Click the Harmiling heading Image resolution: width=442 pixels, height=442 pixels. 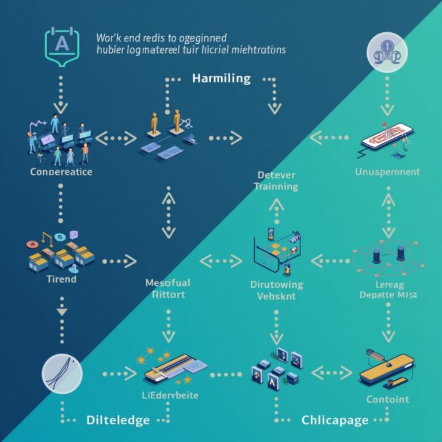221,78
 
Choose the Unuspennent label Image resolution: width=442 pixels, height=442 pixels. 387,172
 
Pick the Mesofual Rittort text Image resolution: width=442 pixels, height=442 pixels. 168,288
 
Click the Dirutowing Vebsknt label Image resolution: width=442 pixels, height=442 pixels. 277,289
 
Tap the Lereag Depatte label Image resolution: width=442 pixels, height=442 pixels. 387,289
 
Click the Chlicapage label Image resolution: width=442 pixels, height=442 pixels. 334,420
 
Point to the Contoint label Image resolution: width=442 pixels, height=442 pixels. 387,399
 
